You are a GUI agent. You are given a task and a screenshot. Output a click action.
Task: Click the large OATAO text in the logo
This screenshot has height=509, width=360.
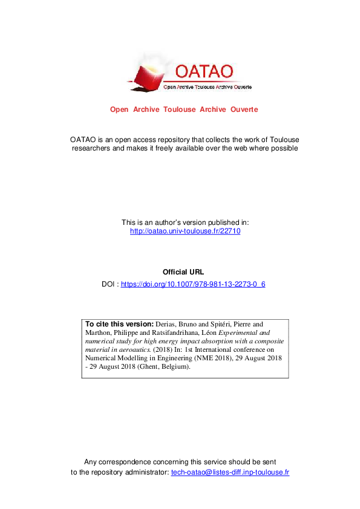pos(203,70)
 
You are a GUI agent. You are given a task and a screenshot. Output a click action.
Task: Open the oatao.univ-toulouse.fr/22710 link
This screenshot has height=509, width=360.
pos(185,231)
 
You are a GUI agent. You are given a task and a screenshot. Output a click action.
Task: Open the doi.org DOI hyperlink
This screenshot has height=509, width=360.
pos(193,284)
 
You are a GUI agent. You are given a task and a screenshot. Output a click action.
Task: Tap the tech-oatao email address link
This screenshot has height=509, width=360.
pos(229,472)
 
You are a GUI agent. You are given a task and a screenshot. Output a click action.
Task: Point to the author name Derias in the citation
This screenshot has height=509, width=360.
pos(168,323)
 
